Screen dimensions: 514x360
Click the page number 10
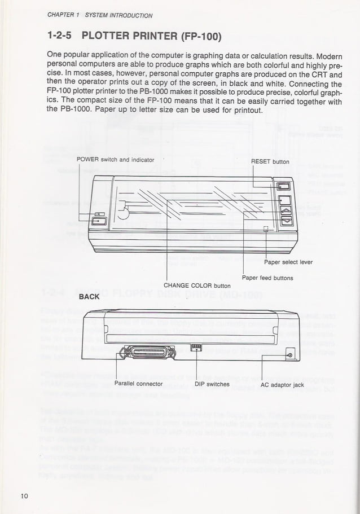click(24, 496)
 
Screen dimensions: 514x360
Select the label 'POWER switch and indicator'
click(115, 160)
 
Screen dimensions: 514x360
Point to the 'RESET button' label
click(270, 161)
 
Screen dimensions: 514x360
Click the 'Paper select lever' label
click(288, 262)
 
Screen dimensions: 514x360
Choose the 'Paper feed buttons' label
click(267, 278)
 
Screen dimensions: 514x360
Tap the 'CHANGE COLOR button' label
click(197, 285)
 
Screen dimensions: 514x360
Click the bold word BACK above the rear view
click(89, 296)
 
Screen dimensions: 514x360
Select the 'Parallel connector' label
click(138, 384)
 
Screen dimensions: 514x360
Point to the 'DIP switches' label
click(212, 384)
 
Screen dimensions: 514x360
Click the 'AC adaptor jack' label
click(283, 385)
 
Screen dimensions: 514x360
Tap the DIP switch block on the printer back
click(196, 347)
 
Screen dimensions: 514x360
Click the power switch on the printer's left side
click(99, 221)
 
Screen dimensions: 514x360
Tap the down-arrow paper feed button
click(286, 221)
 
